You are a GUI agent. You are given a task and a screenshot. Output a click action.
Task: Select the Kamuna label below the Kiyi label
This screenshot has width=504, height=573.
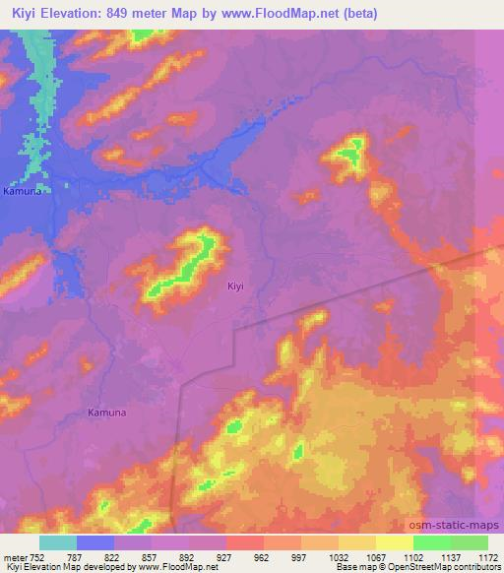click(107, 413)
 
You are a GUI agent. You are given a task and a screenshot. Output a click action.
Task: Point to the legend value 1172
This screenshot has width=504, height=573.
click(489, 556)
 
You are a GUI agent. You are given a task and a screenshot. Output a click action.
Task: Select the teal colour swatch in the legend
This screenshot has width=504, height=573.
click(58, 542)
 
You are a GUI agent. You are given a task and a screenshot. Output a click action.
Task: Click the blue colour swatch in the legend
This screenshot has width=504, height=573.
click(95, 542)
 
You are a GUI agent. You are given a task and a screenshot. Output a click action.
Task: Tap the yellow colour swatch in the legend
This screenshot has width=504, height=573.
click(395, 542)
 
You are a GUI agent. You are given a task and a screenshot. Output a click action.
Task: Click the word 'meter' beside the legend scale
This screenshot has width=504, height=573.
click(14, 556)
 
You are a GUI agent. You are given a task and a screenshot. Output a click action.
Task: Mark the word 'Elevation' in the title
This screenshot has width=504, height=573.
click(75, 13)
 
